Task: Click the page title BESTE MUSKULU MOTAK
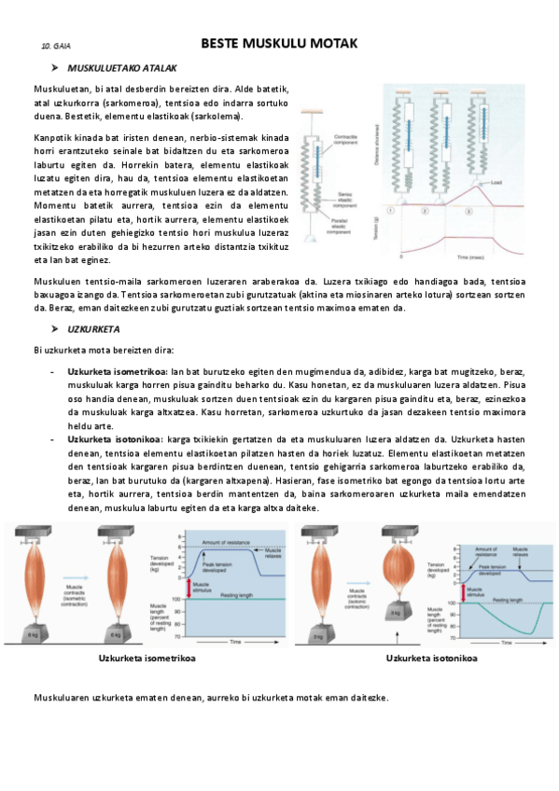279,44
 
